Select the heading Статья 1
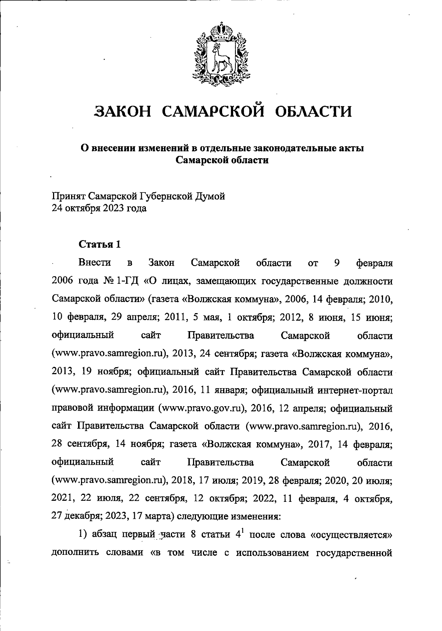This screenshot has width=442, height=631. (100, 245)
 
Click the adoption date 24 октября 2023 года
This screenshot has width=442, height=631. (99, 209)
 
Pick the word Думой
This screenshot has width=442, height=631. (212, 196)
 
